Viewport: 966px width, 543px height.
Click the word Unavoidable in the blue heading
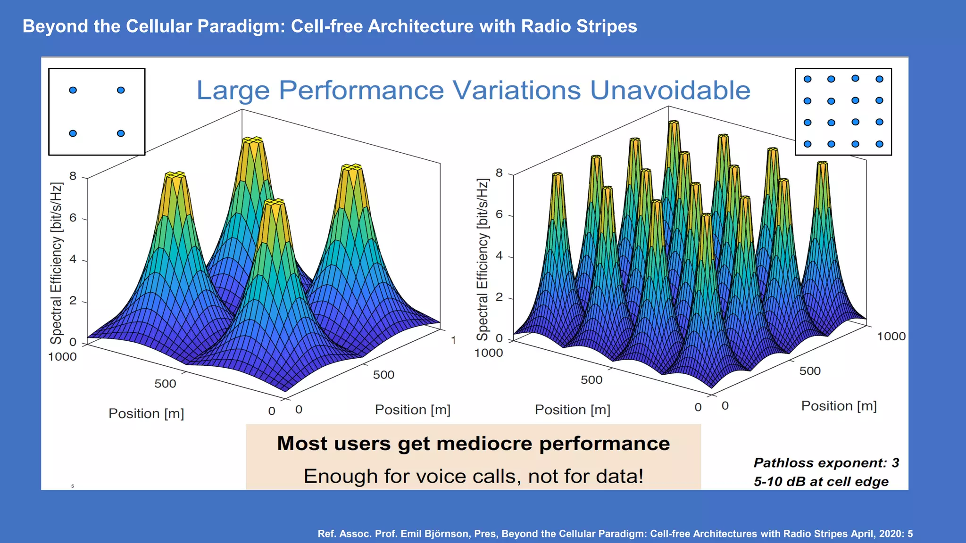pyautogui.click(x=670, y=90)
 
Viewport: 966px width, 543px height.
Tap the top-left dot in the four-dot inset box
pyautogui.click(x=73, y=90)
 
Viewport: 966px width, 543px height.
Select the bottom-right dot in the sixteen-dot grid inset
pyautogui.click(x=879, y=144)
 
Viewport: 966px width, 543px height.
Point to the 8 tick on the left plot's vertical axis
pyautogui.click(x=73, y=176)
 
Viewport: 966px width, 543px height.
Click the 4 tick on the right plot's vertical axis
pyautogui.click(x=499, y=256)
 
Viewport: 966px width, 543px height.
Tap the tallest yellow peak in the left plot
pyautogui.click(x=252, y=141)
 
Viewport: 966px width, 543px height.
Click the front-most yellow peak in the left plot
pyautogui.click(x=275, y=204)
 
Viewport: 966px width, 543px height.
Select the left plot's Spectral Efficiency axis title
pyautogui.click(x=56, y=263)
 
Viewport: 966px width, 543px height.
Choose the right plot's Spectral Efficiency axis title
pyautogui.click(x=482, y=260)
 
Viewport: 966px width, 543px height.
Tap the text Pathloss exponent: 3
pyautogui.click(x=826, y=463)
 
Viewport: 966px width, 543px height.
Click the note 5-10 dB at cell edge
pyautogui.click(x=821, y=482)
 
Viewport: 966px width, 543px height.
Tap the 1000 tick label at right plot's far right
pyautogui.click(x=891, y=337)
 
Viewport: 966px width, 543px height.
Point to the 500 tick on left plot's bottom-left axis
pyautogui.click(x=165, y=384)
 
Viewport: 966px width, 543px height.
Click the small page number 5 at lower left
pyautogui.click(x=73, y=486)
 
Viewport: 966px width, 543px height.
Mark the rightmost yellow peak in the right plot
pyautogui.click(x=822, y=165)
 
